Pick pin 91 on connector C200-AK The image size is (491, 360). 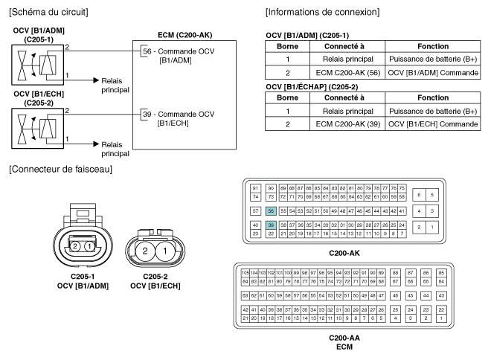tap(255, 188)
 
